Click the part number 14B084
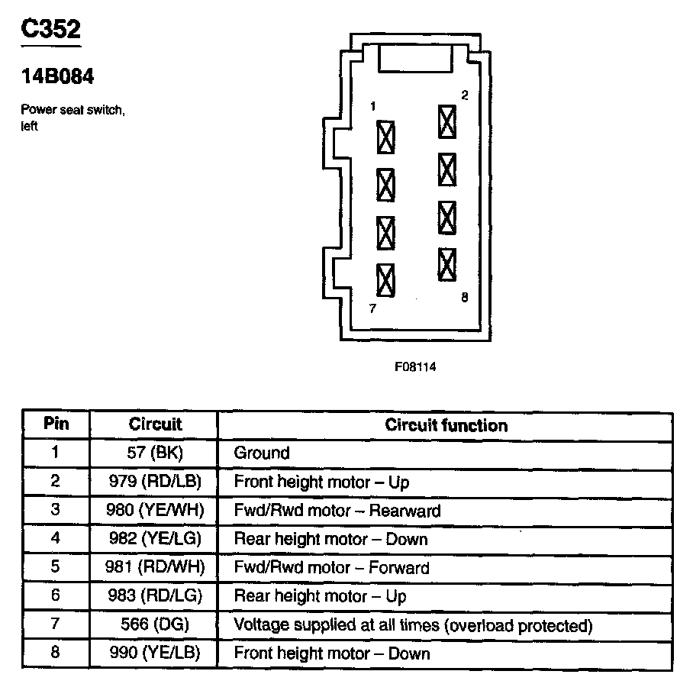coord(56,77)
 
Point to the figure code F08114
coord(415,366)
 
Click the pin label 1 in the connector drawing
coord(372,108)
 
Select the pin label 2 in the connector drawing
coord(464,95)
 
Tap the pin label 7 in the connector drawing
coord(372,309)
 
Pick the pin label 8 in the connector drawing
coord(464,298)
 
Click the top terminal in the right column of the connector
coord(447,121)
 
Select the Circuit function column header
coord(446,425)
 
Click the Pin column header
coord(56,424)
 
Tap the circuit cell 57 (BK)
coord(154,453)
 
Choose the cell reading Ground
coord(262,453)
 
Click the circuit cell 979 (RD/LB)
coord(154,482)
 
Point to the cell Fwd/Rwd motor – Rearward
coord(337,511)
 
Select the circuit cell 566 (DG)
coord(154,625)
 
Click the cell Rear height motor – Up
coord(320,596)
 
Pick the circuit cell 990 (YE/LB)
coord(154,653)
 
